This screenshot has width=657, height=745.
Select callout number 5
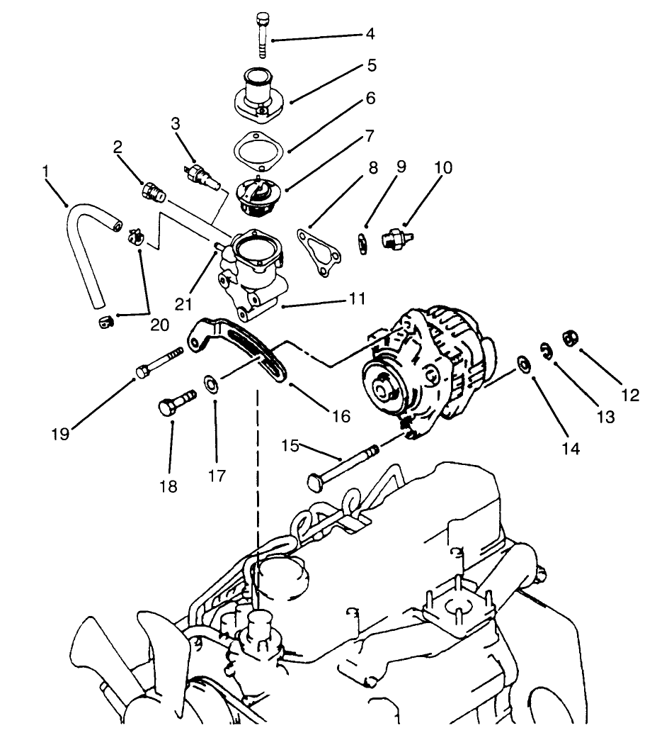click(372, 66)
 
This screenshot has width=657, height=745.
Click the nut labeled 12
click(568, 337)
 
